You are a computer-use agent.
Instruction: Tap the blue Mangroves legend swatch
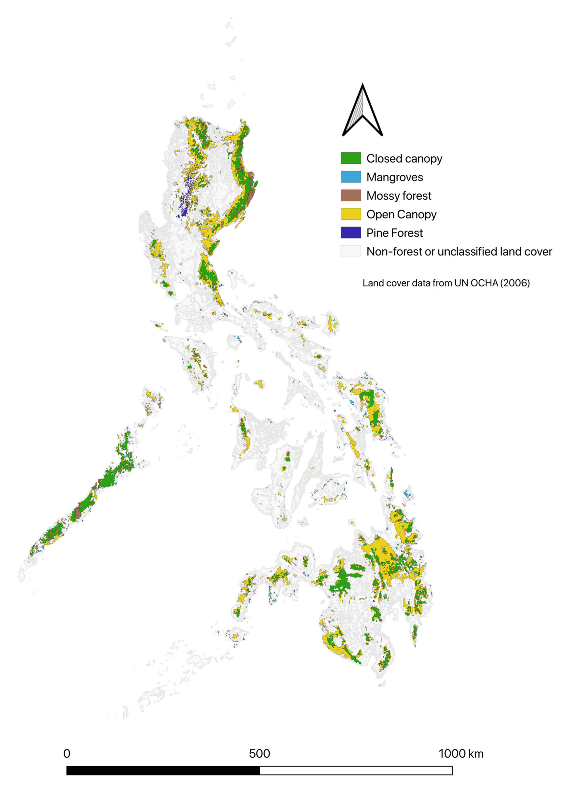[351, 177]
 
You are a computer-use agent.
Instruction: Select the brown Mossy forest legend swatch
[351, 196]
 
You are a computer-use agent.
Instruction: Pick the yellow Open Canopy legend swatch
[351, 214]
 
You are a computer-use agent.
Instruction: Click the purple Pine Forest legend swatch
[351, 233]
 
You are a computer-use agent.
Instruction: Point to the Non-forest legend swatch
[351, 251]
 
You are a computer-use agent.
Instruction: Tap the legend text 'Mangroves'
[395, 177]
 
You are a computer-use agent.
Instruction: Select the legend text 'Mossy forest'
[399, 196]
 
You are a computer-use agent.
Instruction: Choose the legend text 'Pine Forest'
[395, 233]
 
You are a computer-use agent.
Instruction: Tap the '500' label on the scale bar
[259, 754]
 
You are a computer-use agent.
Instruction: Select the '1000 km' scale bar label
[461, 754]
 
